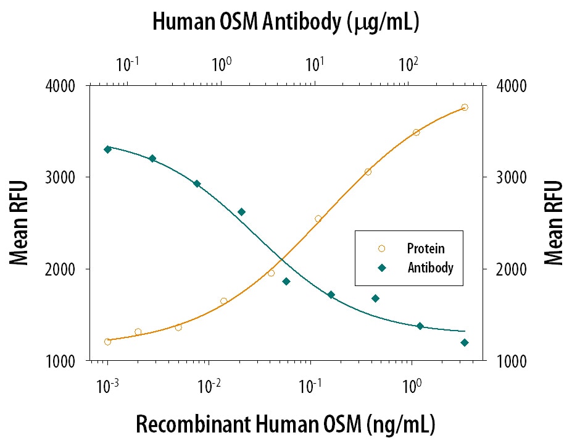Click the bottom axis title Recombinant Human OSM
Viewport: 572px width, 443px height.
coord(285,424)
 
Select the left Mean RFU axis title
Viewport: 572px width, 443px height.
coord(20,222)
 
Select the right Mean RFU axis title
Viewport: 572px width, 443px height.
coord(553,222)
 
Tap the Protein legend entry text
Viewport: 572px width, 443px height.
coord(425,249)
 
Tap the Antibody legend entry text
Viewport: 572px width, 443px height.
coord(430,268)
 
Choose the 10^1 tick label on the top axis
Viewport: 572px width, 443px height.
coord(315,63)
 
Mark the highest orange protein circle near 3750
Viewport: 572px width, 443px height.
coord(465,108)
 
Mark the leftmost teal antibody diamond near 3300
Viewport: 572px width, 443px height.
coord(108,149)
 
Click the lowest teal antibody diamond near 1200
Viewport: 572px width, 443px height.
coord(465,342)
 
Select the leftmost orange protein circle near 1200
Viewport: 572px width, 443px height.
coord(108,342)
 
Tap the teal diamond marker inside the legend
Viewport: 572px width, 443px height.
coord(381,268)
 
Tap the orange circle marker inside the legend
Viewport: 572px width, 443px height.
coord(381,249)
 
